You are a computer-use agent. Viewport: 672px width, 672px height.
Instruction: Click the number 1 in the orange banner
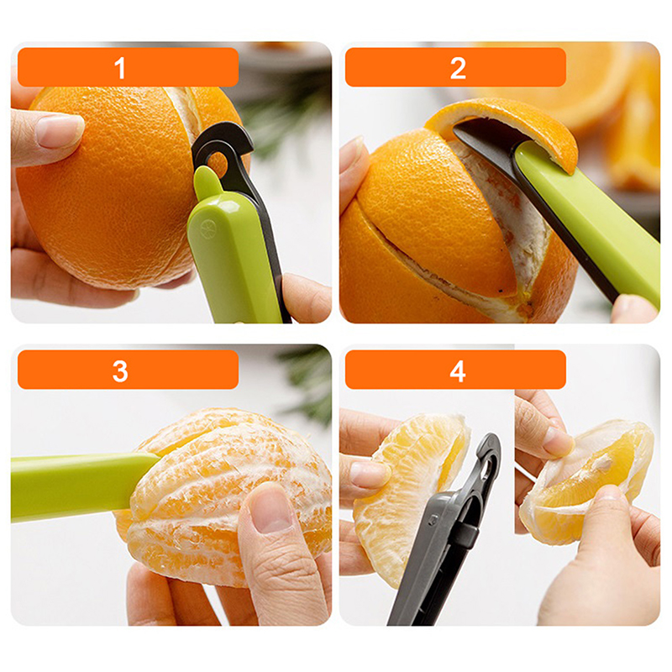(x=120, y=68)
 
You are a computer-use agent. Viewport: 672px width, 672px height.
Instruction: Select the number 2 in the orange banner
(x=458, y=68)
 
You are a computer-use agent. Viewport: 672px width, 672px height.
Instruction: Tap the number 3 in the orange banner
(x=120, y=370)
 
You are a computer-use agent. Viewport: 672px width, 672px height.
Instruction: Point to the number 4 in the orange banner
(x=458, y=370)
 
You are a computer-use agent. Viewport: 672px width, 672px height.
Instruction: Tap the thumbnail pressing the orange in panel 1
(x=59, y=129)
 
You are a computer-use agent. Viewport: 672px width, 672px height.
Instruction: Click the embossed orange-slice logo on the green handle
(x=207, y=226)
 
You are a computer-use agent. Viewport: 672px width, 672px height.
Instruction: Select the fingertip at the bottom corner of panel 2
(x=634, y=309)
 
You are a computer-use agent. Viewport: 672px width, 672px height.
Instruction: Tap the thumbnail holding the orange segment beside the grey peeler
(x=368, y=474)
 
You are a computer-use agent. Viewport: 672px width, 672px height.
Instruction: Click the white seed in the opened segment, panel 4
(x=605, y=459)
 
